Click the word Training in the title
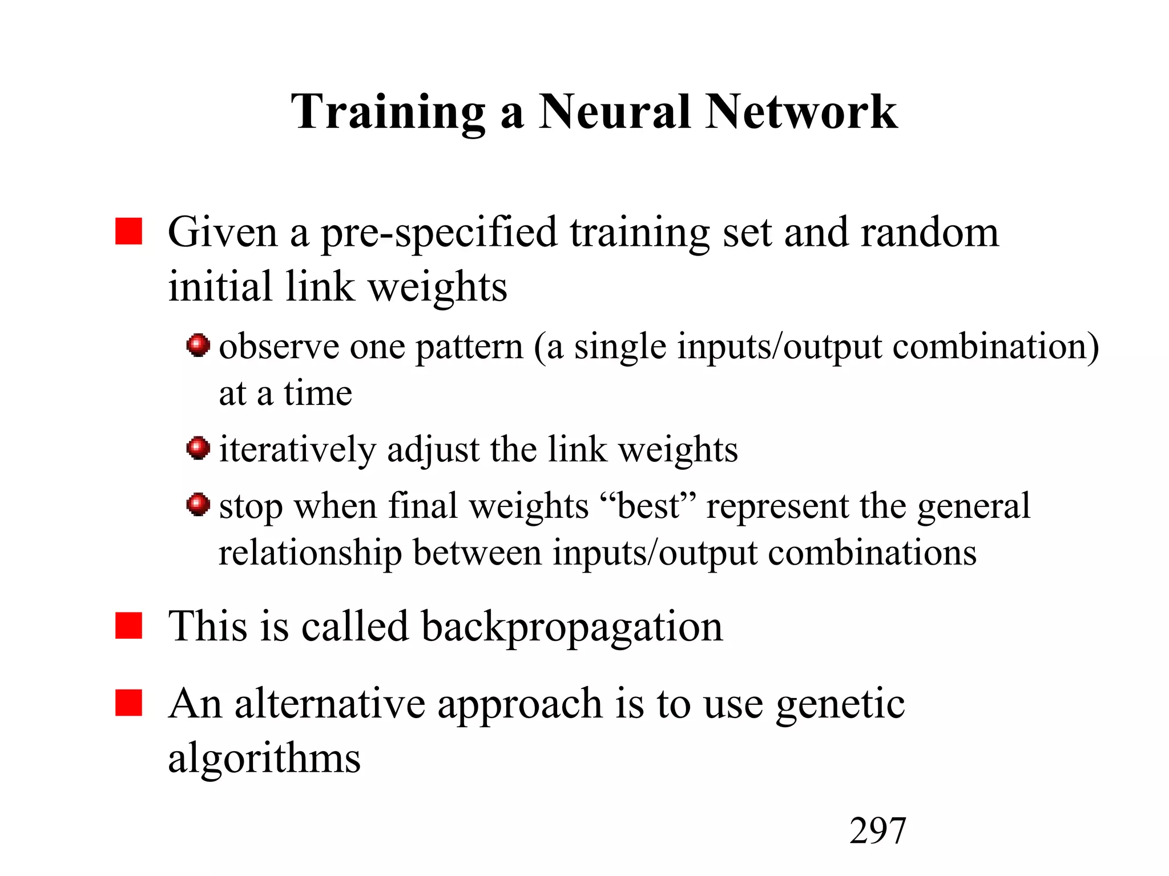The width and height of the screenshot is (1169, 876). (x=388, y=112)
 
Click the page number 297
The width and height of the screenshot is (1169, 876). (x=877, y=830)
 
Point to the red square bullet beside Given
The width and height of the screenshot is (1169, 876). (x=128, y=231)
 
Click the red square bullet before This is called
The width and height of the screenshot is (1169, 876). (x=128, y=626)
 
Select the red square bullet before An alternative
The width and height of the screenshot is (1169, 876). (x=128, y=702)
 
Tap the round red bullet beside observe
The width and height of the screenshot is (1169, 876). (x=198, y=345)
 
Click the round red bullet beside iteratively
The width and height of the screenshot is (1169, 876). (x=198, y=448)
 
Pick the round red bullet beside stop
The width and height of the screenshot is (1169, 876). (x=198, y=504)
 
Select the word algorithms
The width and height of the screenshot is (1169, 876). (x=264, y=759)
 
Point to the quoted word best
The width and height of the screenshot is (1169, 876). (x=648, y=505)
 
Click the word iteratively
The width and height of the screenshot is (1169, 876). (x=297, y=449)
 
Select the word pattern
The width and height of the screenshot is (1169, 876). (x=469, y=347)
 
